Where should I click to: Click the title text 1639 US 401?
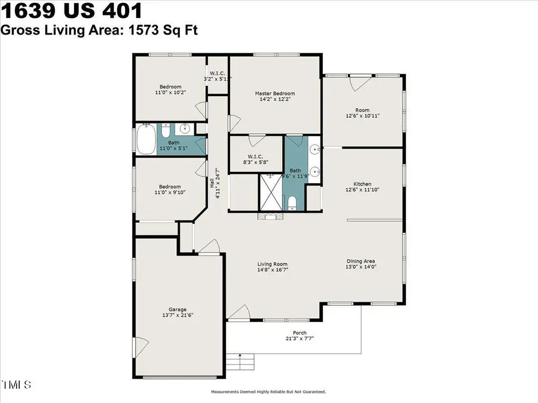point(72,11)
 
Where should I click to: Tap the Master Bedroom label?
point(275,94)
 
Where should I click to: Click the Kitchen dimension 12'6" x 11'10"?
point(362,189)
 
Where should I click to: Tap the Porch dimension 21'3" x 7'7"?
point(299,338)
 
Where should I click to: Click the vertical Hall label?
point(212,184)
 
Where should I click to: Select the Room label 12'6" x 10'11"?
point(362,110)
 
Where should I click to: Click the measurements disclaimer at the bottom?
point(268,392)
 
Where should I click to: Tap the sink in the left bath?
point(185,128)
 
